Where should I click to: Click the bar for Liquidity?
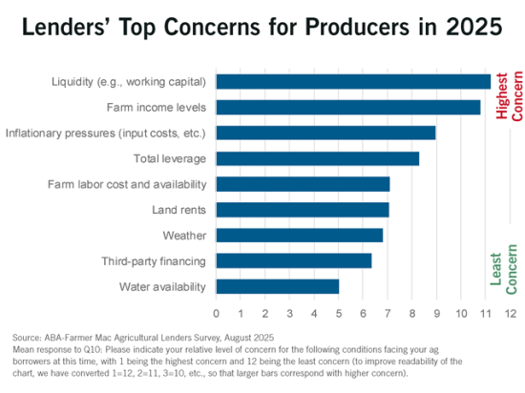point(353,81)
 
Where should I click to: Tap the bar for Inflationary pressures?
point(325,133)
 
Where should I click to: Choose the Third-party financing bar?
point(294,260)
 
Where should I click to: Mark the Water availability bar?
point(278,286)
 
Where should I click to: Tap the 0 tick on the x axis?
point(217,313)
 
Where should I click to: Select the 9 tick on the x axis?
point(436,313)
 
